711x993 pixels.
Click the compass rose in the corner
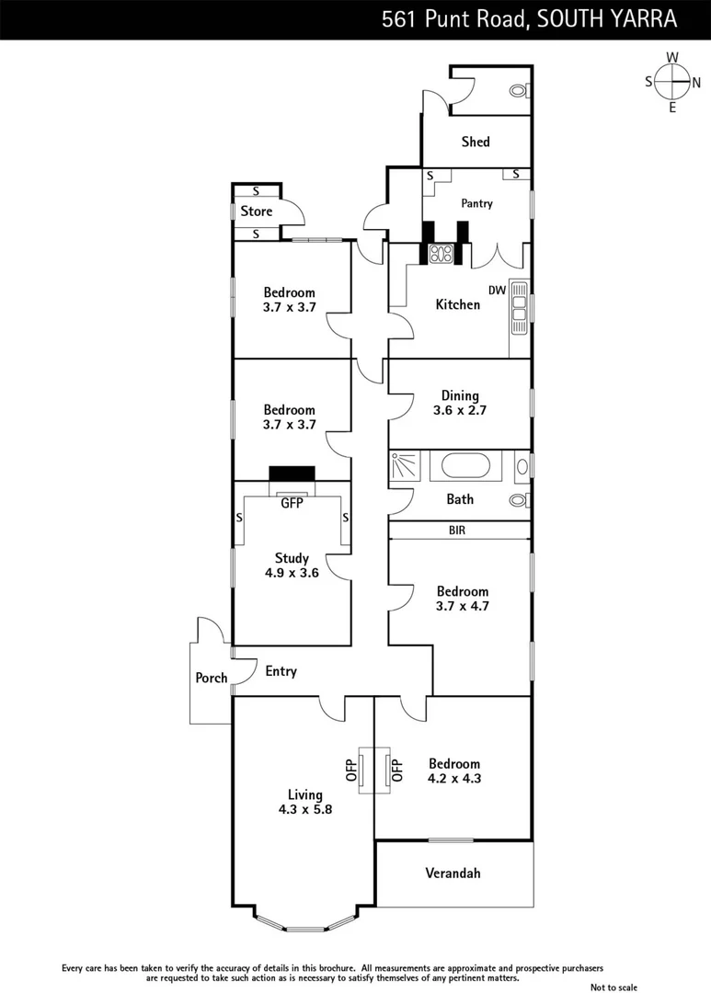point(672,82)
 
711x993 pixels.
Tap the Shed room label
point(476,142)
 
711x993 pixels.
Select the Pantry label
point(477,203)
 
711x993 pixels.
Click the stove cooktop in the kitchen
point(441,253)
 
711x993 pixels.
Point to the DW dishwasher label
point(498,291)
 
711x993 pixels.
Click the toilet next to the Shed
point(520,91)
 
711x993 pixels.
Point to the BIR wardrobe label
point(458,531)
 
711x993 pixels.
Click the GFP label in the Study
point(292,503)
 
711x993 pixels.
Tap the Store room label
point(257,211)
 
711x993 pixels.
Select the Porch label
point(212,679)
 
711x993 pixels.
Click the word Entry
point(281,671)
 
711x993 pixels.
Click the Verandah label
point(453,873)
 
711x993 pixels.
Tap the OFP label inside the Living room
point(350,770)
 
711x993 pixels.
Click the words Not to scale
point(614,987)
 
